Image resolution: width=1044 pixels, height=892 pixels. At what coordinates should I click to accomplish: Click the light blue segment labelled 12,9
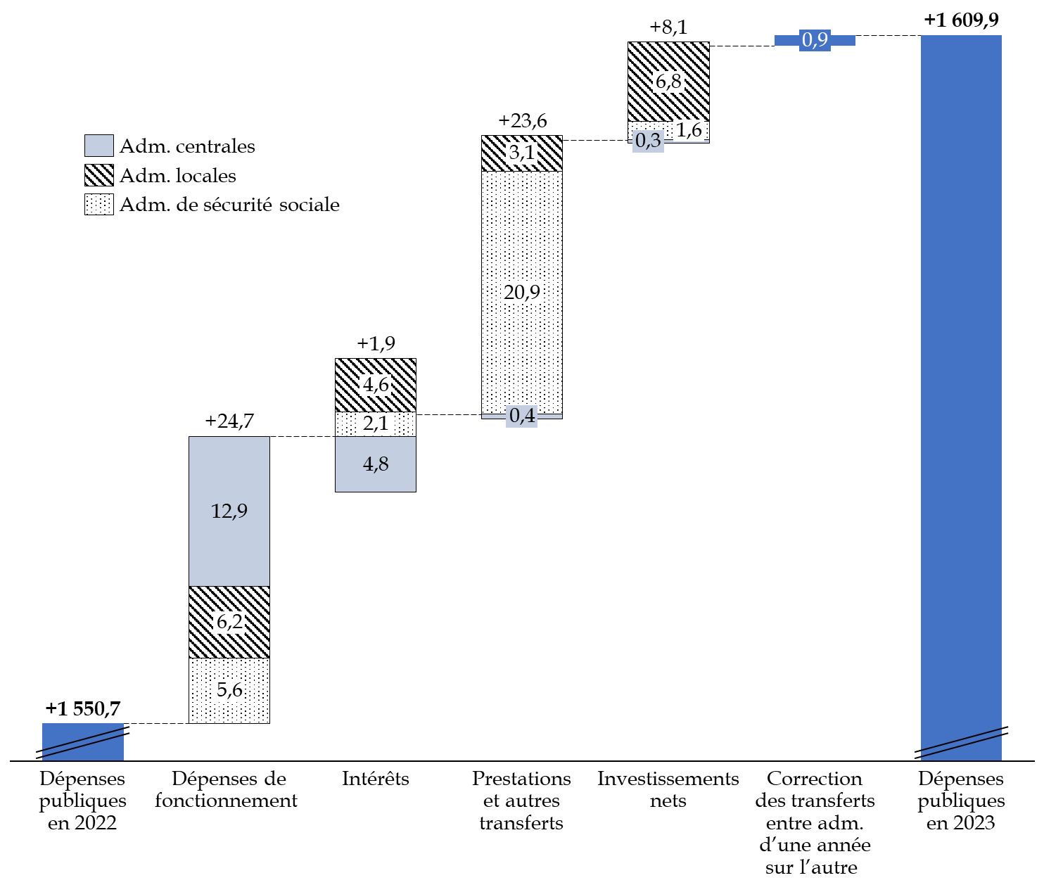tap(229, 511)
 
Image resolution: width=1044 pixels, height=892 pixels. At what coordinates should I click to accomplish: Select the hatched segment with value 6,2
tap(229, 622)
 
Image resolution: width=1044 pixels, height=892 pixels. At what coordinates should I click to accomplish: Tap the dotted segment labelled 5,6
tap(229, 690)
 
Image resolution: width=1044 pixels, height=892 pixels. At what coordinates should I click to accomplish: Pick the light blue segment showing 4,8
tap(376, 464)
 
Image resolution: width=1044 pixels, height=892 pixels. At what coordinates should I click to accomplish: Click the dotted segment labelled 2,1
tap(376, 423)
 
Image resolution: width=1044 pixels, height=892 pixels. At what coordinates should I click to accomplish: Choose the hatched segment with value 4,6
tap(376, 385)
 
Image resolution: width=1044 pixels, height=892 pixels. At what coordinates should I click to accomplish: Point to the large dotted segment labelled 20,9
tap(522, 292)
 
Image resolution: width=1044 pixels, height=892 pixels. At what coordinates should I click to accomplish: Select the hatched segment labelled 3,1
tap(522, 153)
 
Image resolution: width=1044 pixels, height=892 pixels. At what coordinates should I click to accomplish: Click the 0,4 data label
tap(522, 416)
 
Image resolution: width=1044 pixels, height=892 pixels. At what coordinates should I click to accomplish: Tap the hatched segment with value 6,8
tap(668, 82)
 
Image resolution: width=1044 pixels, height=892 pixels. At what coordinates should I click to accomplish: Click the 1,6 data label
tap(689, 130)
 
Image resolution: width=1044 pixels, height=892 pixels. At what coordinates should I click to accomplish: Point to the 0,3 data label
tap(648, 141)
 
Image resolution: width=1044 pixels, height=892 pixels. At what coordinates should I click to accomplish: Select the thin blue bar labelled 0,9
tap(815, 40)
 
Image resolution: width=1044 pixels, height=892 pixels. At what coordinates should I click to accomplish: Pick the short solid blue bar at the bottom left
tap(83, 741)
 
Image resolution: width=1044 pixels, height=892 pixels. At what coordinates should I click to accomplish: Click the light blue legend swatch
tap(99, 146)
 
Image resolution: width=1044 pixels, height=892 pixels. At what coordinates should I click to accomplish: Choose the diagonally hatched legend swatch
tap(99, 174)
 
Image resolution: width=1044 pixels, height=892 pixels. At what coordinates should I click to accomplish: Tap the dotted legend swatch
tap(99, 204)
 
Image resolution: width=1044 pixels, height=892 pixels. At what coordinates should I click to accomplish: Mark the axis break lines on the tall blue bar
tap(961, 743)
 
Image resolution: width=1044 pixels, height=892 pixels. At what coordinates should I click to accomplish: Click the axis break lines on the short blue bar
tap(83, 743)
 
